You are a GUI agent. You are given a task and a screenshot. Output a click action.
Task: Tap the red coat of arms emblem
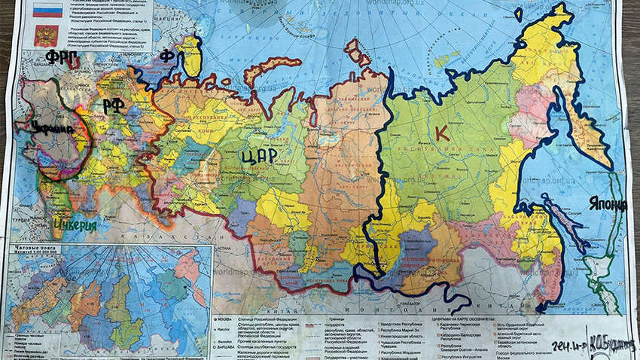(46, 35)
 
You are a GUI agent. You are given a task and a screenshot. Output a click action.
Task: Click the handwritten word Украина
(53, 129)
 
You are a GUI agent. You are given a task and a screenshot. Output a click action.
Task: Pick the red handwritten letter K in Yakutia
(442, 133)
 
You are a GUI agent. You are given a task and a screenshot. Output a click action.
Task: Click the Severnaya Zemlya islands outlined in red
(361, 53)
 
